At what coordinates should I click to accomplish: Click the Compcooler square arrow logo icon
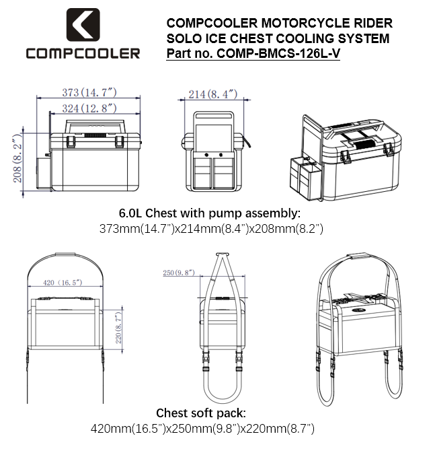tap(83, 25)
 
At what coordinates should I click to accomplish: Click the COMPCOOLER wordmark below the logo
tap(83, 54)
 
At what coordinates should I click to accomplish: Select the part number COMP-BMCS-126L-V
tap(278, 53)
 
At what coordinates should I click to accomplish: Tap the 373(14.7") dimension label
tap(89, 93)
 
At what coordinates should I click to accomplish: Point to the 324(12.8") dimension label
tap(89, 108)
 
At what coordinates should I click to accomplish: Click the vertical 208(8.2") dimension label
tap(17, 158)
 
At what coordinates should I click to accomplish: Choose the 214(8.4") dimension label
tap(213, 94)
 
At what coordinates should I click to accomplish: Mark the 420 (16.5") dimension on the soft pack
tap(63, 283)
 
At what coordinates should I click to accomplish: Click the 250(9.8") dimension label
tap(178, 273)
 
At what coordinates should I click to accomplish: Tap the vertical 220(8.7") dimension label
tap(118, 328)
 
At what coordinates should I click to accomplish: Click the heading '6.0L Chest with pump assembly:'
tap(210, 213)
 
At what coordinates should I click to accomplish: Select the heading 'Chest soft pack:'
tap(201, 413)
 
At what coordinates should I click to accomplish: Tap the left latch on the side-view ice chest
tap(71, 141)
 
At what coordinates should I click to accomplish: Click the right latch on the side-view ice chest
tap(120, 141)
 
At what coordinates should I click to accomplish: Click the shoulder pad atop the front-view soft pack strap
tap(65, 254)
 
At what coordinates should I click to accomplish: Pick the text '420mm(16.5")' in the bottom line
tap(128, 429)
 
